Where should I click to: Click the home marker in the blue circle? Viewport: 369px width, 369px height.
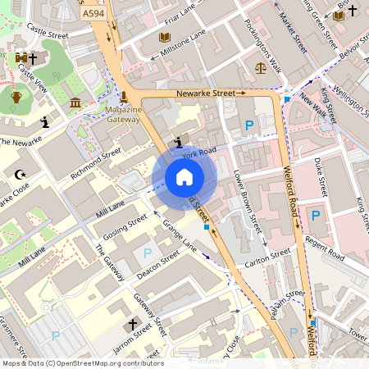click(x=184, y=177)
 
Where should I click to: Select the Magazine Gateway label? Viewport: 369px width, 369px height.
click(x=123, y=114)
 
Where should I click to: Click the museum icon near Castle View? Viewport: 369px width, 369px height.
click(x=76, y=102)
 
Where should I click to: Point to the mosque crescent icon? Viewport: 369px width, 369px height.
click(x=20, y=174)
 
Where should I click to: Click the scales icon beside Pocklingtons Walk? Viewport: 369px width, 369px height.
click(x=261, y=68)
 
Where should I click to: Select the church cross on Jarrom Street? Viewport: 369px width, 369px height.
click(x=132, y=326)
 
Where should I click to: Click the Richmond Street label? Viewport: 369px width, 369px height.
click(x=96, y=164)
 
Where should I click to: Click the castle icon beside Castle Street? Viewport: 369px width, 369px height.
click(x=20, y=59)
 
